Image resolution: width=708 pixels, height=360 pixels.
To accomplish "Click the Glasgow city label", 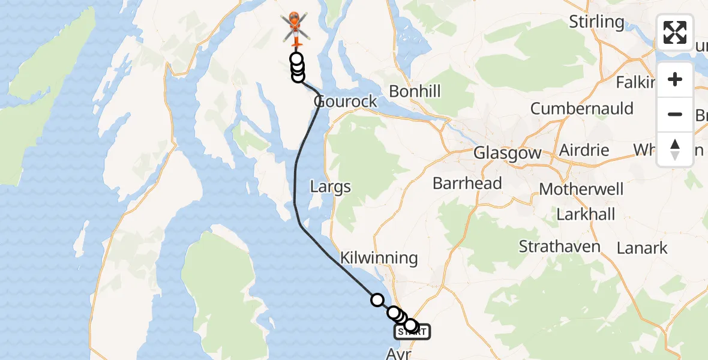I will coord(507,153).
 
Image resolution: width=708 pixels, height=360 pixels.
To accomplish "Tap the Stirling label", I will coord(596,22).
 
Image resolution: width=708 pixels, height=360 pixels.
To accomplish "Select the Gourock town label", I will coord(346,101).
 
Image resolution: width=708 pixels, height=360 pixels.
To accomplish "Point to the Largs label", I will coord(330,187).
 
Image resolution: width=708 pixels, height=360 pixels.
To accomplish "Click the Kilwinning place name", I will coord(379,258).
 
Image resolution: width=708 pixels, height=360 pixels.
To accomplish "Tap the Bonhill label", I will coord(415,92).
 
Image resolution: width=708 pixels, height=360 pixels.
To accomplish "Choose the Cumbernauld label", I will coord(581,109).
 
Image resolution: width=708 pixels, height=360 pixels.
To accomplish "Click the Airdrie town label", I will coord(584,150).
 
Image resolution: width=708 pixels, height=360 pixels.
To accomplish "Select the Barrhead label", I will coord(467,183).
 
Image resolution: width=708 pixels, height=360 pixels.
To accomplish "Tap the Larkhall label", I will coord(586,214).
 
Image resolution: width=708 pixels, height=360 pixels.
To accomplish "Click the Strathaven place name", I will coord(559,247).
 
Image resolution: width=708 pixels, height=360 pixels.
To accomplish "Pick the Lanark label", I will coord(642,247).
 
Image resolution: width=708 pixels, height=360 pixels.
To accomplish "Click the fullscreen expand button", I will coord(675,32).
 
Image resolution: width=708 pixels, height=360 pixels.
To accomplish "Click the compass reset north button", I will coord(675,149).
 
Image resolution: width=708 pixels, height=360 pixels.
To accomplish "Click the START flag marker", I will coord(412,331).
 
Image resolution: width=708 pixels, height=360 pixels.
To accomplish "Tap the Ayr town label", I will coord(400,354).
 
